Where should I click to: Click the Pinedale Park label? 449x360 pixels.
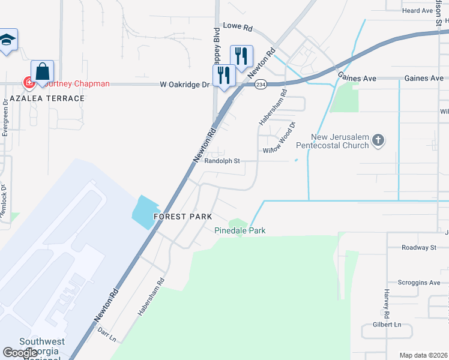240,230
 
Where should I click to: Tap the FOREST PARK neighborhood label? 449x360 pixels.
182,216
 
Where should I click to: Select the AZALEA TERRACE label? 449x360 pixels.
47,98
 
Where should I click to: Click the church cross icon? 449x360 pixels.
378,141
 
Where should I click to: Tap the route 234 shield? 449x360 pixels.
260,85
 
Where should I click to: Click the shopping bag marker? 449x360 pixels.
43,72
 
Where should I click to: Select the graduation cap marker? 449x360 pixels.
8,40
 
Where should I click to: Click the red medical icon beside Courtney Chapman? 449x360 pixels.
27,82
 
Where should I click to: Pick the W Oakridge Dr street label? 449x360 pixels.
184,85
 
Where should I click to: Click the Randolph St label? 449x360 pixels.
222,161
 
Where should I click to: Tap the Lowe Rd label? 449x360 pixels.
238,27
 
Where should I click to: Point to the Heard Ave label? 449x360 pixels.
418,11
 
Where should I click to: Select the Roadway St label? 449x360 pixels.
418,247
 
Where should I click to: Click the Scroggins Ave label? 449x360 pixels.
420,282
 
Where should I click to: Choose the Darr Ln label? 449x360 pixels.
106,335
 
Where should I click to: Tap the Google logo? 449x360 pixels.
20,353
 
